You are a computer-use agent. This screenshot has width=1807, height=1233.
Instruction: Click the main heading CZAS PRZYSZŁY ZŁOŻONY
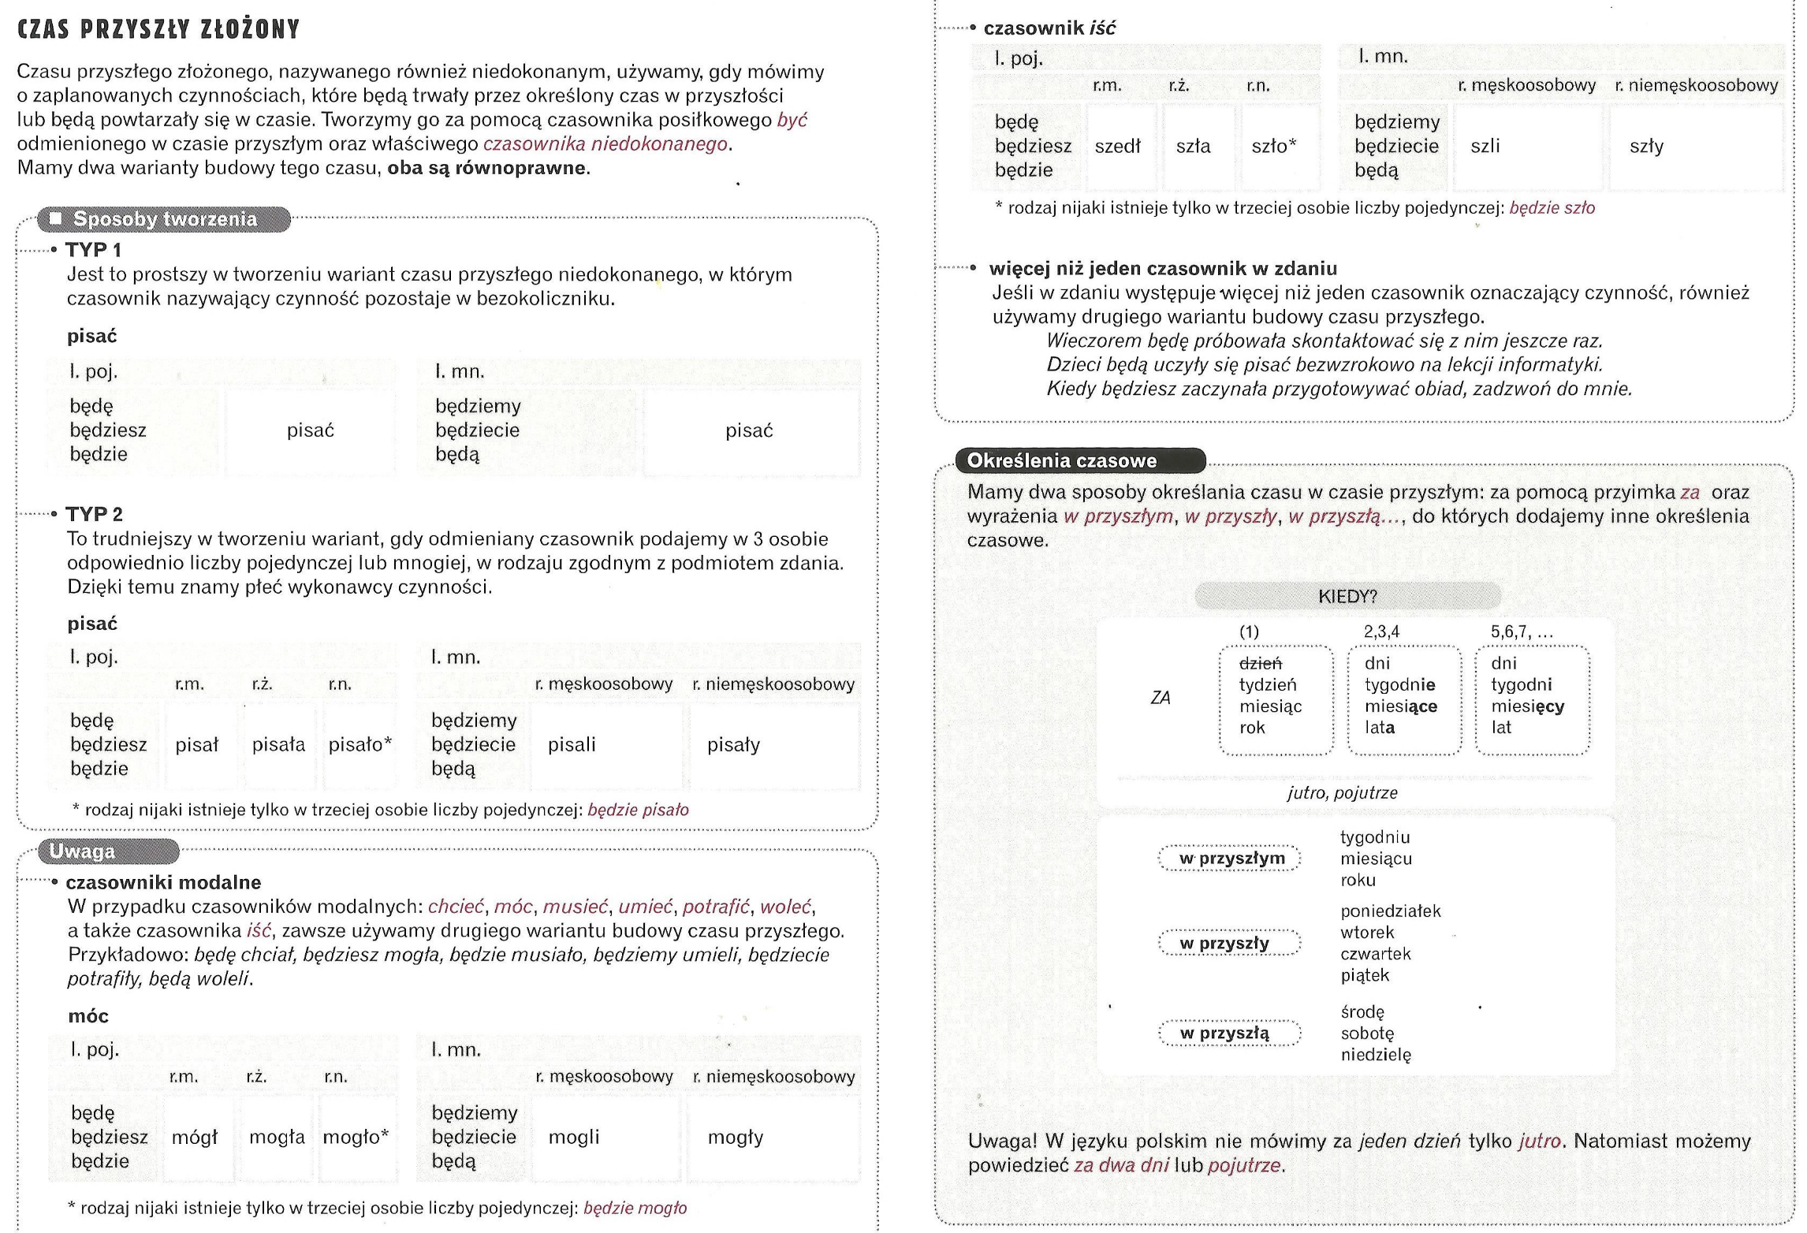click(158, 29)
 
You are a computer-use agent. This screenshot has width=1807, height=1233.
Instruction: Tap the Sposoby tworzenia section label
click(164, 219)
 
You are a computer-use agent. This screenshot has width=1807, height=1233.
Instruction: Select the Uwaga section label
click(82, 851)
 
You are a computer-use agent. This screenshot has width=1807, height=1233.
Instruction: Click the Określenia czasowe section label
click(1061, 461)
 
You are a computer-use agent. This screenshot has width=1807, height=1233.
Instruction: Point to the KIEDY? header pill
click(1347, 597)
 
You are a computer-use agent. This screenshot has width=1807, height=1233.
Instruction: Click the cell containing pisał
click(197, 745)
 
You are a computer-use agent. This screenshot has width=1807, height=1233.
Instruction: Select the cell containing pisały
click(733, 745)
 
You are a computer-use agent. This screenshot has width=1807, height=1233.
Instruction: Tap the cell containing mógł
click(195, 1138)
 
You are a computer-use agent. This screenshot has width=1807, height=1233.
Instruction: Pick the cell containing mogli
click(574, 1138)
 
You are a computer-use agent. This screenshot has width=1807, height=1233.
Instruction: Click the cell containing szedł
click(1117, 147)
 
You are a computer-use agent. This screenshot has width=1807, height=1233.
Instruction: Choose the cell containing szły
click(1646, 147)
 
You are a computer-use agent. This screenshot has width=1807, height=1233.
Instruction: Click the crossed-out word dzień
click(1261, 664)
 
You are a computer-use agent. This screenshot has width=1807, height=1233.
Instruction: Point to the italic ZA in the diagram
click(1160, 698)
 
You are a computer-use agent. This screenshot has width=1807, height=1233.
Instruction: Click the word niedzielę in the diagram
click(1376, 1055)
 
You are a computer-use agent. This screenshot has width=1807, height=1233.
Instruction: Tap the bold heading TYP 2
click(95, 515)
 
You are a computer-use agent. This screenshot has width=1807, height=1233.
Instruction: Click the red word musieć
click(576, 907)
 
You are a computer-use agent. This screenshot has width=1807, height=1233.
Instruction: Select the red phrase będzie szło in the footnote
click(1552, 209)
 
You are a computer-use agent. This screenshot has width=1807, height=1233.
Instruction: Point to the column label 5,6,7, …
click(1522, 632)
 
